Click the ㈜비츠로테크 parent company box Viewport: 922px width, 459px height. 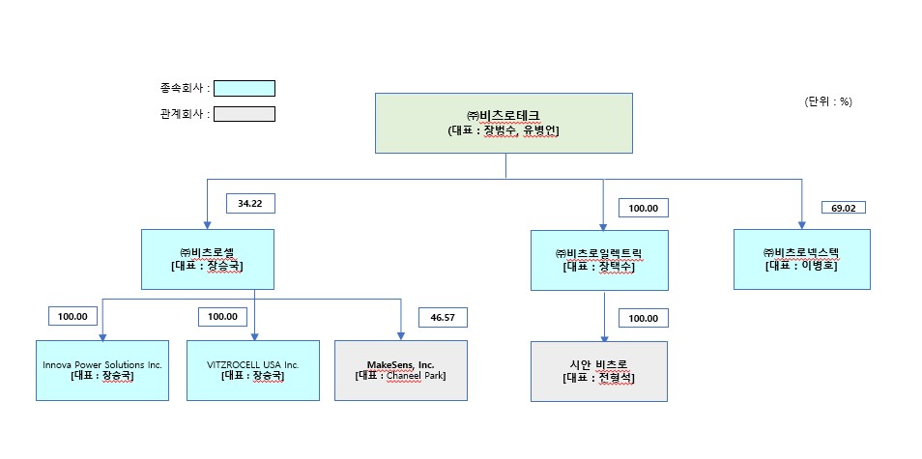504,123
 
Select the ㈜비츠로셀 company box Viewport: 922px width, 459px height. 208,259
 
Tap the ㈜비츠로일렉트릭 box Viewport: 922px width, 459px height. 599,260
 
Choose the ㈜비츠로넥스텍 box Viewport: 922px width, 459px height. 801,259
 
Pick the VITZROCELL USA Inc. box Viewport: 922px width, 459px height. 252,370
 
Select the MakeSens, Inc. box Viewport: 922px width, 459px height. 401,370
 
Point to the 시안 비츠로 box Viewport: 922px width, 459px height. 599,372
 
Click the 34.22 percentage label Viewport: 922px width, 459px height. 250,203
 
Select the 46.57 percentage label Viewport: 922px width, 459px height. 443,317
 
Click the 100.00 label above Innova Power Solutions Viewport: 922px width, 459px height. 73,316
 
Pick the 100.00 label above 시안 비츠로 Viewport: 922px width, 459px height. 643,318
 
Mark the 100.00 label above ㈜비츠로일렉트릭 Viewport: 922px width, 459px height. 643,208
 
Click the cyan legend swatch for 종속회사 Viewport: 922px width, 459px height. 245,88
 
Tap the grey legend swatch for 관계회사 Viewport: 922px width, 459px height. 245,113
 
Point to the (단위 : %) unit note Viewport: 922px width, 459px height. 827,101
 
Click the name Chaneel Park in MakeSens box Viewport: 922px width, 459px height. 415,376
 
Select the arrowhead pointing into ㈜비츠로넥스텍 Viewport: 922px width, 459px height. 801,224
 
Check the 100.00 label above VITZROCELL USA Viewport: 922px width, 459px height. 223,316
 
